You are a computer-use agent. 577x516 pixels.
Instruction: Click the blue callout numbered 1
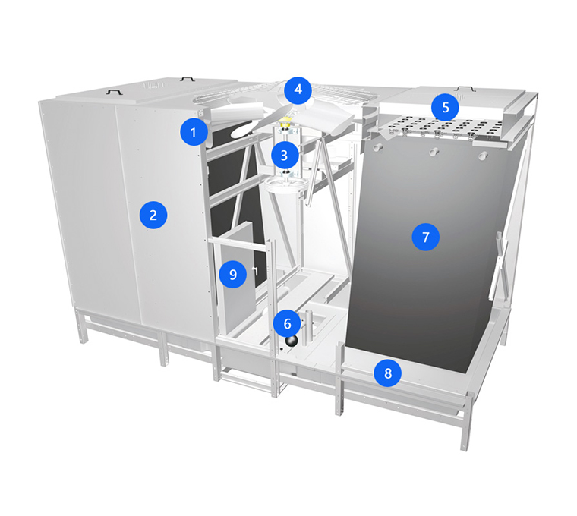(x=194, y=132)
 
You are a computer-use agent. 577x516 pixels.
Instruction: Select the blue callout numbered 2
(x=153, y=215)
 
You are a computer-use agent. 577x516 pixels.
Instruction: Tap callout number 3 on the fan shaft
(x=284, y=156)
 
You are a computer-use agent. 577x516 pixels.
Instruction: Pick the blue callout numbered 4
(x=298, y=90)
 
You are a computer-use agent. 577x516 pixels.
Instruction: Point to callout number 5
(x=446, y=108)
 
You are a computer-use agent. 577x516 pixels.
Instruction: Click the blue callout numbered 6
(x=287, y=324)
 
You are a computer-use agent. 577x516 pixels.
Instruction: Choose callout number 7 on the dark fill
(x=426, y=238)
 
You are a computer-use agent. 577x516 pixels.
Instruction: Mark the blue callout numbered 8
(x=388, y=373)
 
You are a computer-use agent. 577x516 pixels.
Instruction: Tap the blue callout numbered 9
(x=233, y=275)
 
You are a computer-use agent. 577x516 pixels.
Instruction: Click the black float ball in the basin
(x=292, y=341)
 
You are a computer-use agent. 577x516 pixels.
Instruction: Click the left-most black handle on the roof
(x=113, y=90)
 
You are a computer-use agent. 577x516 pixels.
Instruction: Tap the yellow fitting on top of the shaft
(x=285, y=121)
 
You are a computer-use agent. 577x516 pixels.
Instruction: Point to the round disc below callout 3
(x=283, y=183)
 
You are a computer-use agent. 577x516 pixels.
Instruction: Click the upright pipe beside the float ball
(x=308, y=327)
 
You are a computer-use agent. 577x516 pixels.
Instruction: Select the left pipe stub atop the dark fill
(x=377, y=148)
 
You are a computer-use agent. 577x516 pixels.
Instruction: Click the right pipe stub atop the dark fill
(x=482, y=156)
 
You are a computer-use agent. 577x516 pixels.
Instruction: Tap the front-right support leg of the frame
(x=466, y=422)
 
